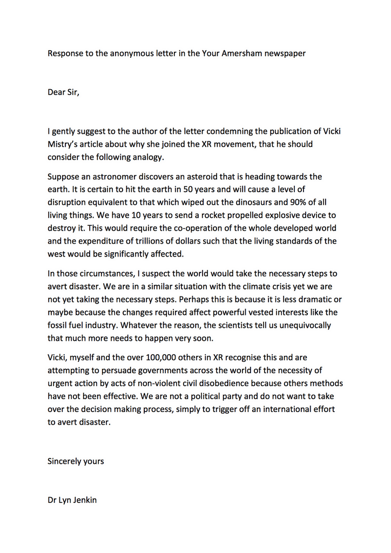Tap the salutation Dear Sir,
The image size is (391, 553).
pyautogui.click(x=63, y=92)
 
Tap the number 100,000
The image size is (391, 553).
pyautogui.click(x=163, y=358)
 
